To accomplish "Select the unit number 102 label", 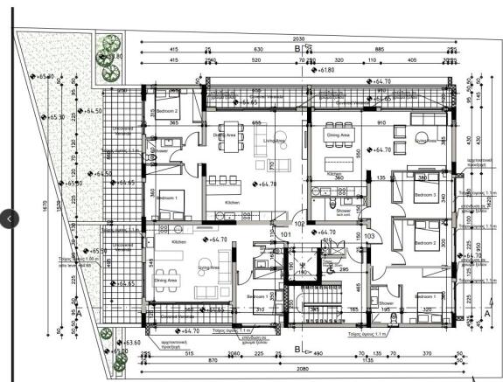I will [x=299, y=224].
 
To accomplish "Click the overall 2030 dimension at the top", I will [x=297, y=39].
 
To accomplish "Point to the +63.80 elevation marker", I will [x=113, y=57].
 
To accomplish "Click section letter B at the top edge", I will [x=297, y=50].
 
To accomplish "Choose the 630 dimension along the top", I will [x=257, y=50].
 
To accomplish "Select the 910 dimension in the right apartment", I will [x=381, y=123].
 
